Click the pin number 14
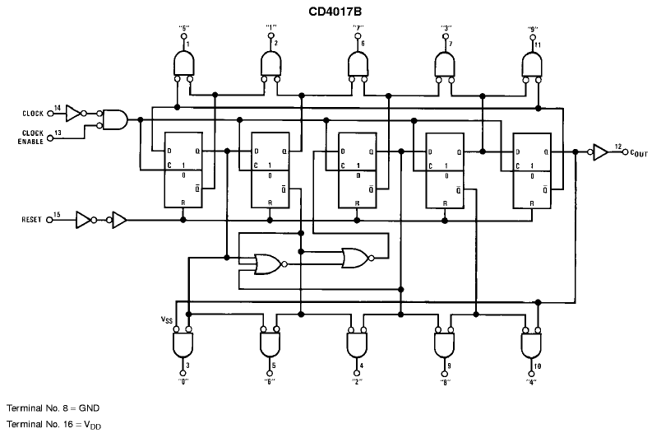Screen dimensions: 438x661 pos(58,107)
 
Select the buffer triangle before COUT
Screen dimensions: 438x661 pos(599,152)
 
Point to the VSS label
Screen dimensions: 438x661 pos(167,319)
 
